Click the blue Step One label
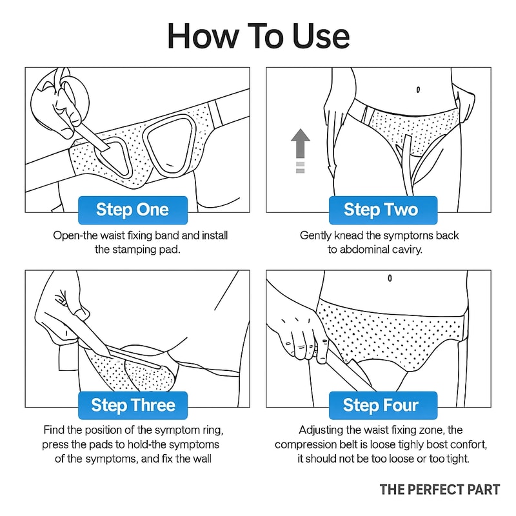tap(132, 210)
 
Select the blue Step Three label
tap(132, 405)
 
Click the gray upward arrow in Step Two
tap(300, 144)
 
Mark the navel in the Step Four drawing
tap(390, 278)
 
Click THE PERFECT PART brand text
tap(439, 490)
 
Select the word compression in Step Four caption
tap(307, 444)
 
